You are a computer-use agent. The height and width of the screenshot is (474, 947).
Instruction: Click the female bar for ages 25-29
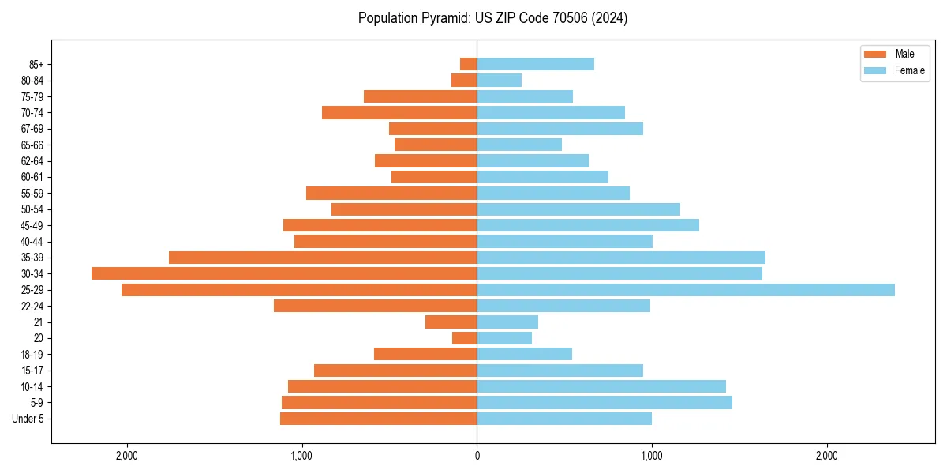point(685,290)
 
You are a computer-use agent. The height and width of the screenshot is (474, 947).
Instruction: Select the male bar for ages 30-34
point(284,273)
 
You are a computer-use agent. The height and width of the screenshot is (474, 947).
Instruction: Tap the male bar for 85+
point(469,64)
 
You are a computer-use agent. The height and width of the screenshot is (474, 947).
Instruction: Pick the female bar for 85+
point(535,64)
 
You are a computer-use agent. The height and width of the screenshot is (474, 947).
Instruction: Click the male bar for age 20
point(465,338)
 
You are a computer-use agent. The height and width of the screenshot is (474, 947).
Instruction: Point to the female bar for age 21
point(507,322)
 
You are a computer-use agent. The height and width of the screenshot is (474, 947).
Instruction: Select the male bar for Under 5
point(379,419)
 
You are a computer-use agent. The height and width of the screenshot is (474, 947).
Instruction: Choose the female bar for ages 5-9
point(605,403)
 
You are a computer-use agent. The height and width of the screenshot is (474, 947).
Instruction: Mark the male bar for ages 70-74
point(399,113)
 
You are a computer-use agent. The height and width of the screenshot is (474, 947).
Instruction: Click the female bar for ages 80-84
point(499,81)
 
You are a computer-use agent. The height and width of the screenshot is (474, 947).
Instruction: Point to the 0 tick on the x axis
point(477,457)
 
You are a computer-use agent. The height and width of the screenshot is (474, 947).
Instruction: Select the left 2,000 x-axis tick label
point(126,457)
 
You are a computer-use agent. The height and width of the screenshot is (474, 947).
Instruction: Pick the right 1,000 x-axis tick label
point(652,457)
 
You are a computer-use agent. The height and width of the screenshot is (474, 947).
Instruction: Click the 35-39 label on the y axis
point(32,258)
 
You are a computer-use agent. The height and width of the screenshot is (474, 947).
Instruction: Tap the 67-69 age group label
point(32,129)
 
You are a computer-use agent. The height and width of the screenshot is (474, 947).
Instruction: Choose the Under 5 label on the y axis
point(28,419)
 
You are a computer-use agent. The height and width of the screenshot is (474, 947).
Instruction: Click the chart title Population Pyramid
point(492,18)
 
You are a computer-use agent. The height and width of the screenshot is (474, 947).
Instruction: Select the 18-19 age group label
point(32,355)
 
